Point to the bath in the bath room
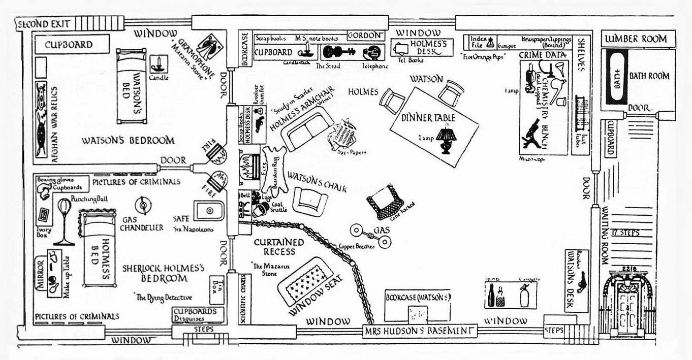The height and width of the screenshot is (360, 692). pos(616,77)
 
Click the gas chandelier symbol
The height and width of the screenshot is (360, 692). pos(143,205)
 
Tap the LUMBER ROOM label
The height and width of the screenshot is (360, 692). pos(638,39)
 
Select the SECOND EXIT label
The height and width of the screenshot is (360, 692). pos(45,23)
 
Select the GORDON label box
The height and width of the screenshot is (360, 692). pos(364,35)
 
